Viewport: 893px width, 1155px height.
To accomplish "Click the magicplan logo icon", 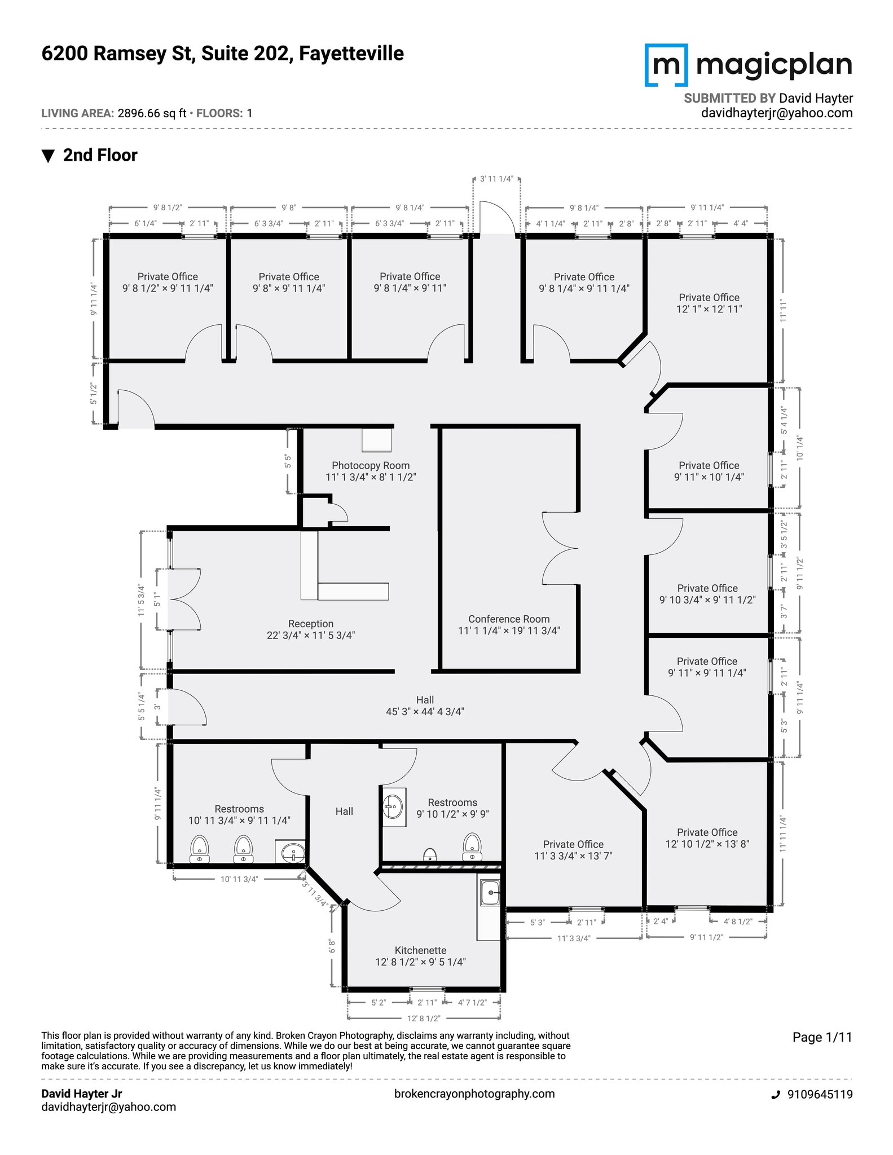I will point(666,65).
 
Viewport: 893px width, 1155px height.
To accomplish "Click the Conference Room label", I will point(508,624).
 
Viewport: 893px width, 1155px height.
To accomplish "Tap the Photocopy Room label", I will point(371,471).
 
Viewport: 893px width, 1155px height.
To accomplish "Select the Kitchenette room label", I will point(420,955).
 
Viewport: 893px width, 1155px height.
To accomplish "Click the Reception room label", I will point(310,629).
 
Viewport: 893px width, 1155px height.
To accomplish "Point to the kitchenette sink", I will point(490,893).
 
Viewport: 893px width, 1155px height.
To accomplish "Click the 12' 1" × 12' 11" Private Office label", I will point(709,303).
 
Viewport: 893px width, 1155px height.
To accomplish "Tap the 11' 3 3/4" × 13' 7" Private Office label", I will point(573,849).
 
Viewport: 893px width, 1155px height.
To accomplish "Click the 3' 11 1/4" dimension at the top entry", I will point(496,179).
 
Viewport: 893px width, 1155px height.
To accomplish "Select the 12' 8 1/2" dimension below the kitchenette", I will point(424,1018).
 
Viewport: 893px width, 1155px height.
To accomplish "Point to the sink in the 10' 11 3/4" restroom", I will point(291,852).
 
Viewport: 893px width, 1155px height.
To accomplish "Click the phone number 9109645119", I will point(819,1094).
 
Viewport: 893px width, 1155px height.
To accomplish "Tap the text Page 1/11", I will point(822,1037).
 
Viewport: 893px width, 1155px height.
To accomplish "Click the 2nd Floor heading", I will point(100,155).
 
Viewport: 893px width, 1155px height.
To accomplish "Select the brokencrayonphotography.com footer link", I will point(474,1094).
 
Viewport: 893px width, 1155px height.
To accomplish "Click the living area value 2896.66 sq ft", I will point(152,113).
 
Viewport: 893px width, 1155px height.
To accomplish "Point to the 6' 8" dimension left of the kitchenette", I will point(332,946).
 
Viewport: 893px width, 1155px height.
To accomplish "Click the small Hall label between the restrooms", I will point(344,811).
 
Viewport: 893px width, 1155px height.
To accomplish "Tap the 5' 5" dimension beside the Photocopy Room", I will point(288,461).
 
